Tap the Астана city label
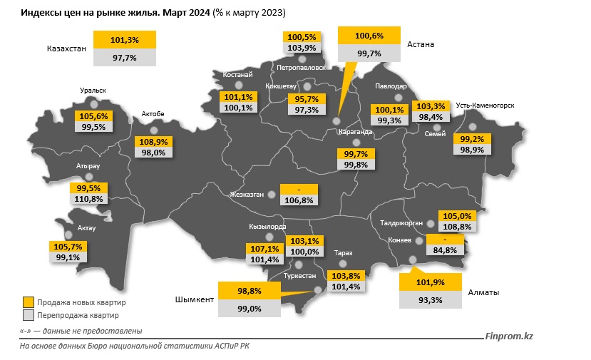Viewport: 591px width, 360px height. (x=421, y=44)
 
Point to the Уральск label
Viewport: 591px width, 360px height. (x=93, y=91)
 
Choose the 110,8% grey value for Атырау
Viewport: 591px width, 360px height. (x=90, y=199)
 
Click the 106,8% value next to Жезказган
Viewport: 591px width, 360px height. (x=299, y=200)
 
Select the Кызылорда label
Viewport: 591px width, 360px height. (x=268, y=227)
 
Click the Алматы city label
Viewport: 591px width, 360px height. (x=484, y=293)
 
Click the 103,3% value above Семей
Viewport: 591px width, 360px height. (x=430, y=106)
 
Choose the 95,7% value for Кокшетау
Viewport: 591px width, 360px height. (x=304, y=99)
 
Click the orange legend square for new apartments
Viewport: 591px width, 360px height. (x=28, y=302)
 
